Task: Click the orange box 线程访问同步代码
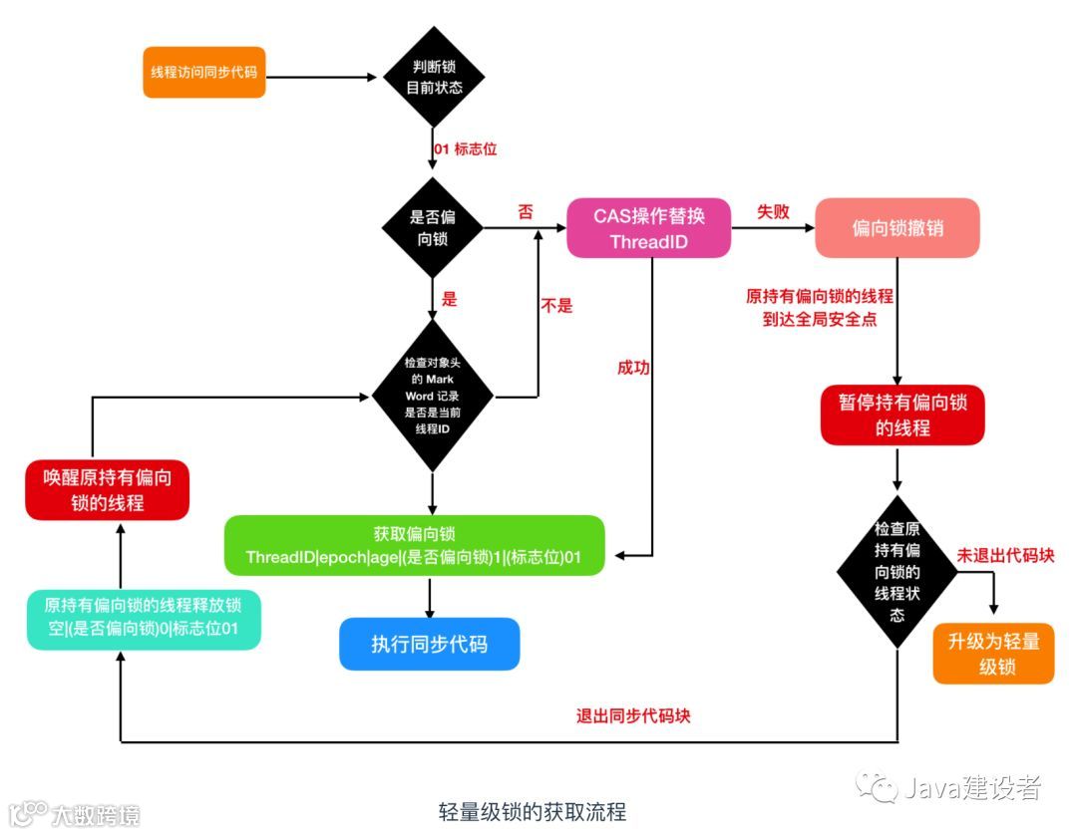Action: (x=204, y=73)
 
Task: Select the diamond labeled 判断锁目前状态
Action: (x=435, y=77)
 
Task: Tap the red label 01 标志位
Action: (x=464, y=149)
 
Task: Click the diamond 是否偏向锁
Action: (x=433, y=228)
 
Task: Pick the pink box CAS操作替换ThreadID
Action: (x=649, y=229)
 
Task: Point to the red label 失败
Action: (x=774, y=212)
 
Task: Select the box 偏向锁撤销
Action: (x=897, y=229)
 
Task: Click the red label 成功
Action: (x=633, y=368)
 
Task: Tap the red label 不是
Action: (x=556, y=306)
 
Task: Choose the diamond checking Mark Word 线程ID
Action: (x=433, y=397)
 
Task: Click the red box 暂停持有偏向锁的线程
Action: (x=902, y=415)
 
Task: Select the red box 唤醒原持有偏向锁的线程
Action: (x=108, y=490)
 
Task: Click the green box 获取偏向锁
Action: (x=414, y=545)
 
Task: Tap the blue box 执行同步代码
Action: (x=430, y=644)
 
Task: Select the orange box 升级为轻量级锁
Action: (x=993, y=655)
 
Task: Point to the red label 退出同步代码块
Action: (x=632, y=716)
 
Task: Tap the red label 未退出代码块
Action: (x=1005, y=555)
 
